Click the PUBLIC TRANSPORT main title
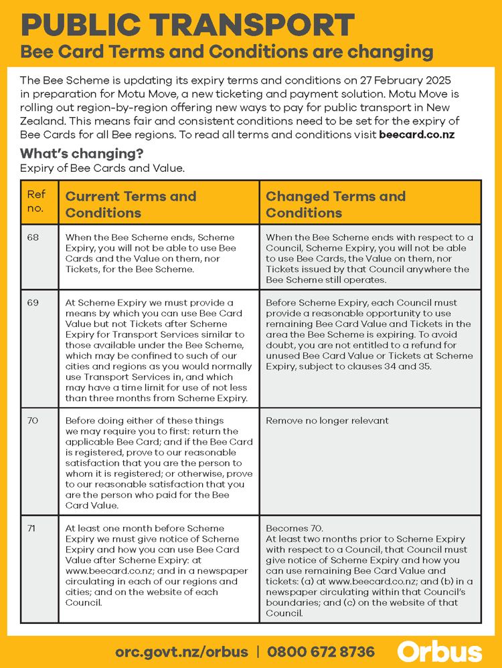[188, 25]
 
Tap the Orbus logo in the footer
[439, 651]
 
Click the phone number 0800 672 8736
[321, 652]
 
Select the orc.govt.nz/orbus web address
[181, 652]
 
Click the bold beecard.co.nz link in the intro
[416, 134]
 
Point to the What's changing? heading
[82, 154]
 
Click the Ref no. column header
[36, 201]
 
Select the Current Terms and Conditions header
[131, 205]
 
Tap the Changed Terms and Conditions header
[335, 205]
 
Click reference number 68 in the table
[33, 237]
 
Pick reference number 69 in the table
[33, 303]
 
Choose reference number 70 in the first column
[33, 421]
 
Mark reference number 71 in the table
[32, 528]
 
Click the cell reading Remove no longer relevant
[327, 421]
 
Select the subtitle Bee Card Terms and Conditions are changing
[227, 52]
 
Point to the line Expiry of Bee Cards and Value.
[102, 169]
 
